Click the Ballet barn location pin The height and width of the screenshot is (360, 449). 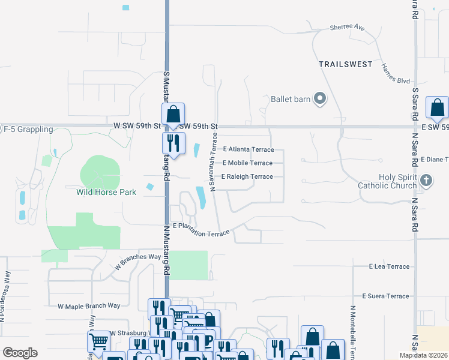tap(320, 99)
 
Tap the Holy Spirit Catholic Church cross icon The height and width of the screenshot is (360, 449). tap(426, 180)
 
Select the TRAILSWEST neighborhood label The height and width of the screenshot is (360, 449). tap(345, 64)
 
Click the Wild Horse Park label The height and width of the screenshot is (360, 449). tap(106, 193)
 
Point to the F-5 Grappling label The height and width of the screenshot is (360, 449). tap(28, 129)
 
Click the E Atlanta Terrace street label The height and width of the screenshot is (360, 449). tap(248, 149)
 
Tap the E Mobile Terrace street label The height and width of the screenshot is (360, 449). tap(247, 163)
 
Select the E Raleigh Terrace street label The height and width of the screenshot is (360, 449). tap(247, 177)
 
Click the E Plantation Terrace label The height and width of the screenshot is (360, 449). tap(201, 229)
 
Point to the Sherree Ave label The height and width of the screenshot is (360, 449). tap(348, 28)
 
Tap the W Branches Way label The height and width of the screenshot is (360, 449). tap(137, 260)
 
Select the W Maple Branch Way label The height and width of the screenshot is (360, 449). tap(89, 306)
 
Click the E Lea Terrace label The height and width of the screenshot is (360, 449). tap(389, 266)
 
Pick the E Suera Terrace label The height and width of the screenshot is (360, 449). tap(385, 296)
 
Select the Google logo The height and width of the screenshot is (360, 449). tap(20, 352)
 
